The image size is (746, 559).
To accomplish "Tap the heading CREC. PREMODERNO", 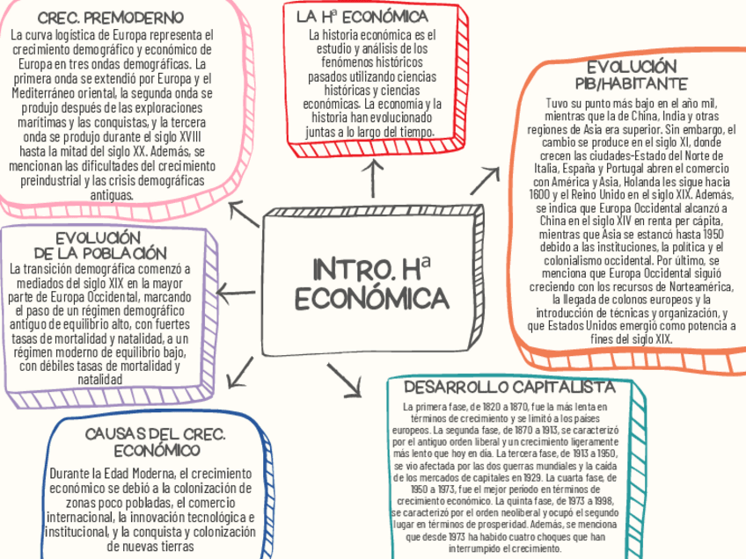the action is (x=110, y=18).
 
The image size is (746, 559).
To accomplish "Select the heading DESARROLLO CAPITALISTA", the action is (x=508, y=388).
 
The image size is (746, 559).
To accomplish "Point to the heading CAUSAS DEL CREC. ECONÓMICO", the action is (x=156, y=442).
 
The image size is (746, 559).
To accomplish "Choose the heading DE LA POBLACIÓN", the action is (x=98, y=253).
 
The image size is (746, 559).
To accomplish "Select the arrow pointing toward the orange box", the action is (x=484, y=180).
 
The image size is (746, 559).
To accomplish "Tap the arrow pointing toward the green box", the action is (x=346, y=378).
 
